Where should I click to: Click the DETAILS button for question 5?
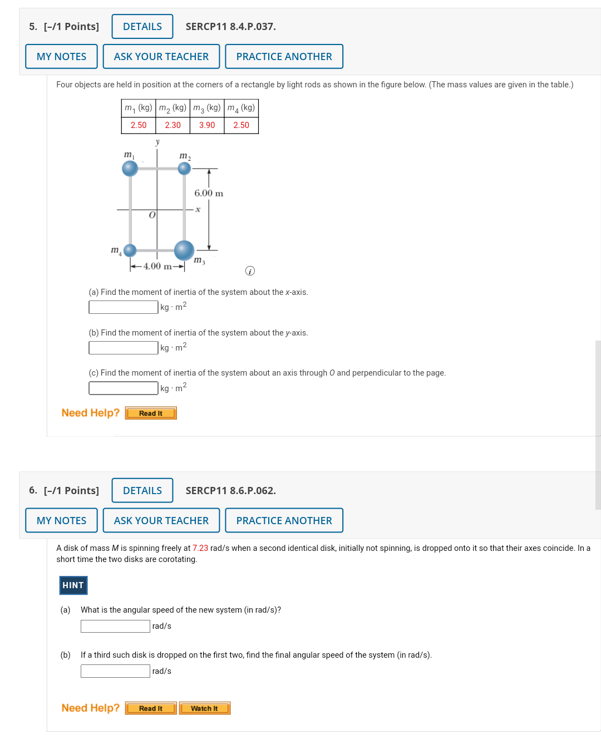142,27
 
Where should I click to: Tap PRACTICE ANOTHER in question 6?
284,520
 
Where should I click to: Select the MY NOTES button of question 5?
61,56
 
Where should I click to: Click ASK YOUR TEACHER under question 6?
161,520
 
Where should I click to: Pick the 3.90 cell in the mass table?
207,125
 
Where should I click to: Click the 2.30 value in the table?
173,125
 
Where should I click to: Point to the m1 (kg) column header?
139,108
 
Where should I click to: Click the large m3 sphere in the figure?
184,250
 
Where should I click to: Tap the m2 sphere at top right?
184,168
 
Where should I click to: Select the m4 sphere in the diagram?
130,250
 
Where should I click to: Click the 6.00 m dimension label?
209,193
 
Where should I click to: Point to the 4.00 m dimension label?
157,266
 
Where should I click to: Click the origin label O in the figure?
152,215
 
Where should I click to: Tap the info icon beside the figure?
250,271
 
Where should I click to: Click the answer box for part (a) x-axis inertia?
124,307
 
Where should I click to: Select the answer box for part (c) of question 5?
124,388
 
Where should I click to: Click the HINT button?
73,585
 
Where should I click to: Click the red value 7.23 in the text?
200,548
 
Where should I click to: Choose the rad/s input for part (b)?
115,671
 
